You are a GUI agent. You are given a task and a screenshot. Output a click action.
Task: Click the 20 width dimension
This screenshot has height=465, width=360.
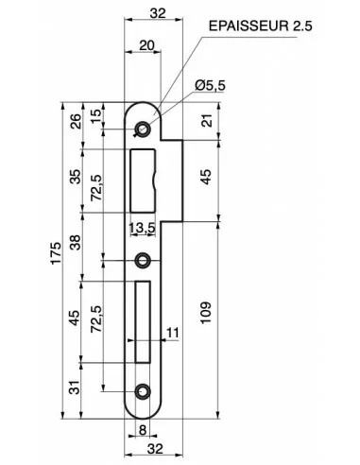pos(146,45)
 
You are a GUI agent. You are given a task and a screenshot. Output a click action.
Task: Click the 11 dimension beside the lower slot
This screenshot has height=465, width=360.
pos(171,332)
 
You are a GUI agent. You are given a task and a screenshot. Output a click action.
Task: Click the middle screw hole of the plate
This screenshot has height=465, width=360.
pos(143,260)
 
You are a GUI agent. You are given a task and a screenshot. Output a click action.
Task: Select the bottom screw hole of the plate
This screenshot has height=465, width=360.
pos(143,389)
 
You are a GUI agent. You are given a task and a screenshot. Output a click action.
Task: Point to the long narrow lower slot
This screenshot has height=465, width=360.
pos(143,320)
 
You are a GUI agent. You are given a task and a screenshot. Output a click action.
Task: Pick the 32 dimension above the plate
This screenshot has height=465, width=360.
pos(157,13)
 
